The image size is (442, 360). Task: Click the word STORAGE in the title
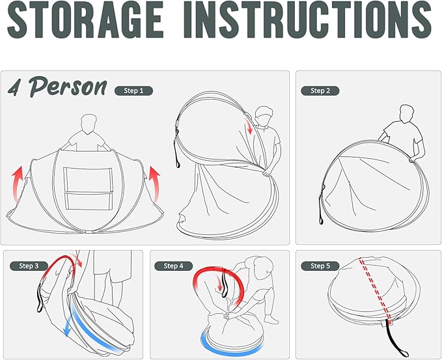point(85,19)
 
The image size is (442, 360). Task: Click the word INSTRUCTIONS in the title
point(308,19)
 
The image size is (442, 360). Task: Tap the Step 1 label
point(133,90)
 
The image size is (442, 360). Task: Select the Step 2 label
point(320,90)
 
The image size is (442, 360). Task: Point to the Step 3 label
point(29,266)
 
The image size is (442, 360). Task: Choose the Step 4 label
point(173,266)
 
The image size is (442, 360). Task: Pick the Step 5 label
point(320,266)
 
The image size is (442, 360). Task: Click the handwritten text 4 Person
point(57,87)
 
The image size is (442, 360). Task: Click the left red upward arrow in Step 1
point(18,183)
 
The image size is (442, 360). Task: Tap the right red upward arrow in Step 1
point(155,183)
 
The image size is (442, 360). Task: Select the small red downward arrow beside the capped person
point(249,126)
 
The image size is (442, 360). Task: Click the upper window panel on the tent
point(89,180)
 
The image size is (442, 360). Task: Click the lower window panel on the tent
point(89,201)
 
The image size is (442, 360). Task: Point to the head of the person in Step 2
point(407,114)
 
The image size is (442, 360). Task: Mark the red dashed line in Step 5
point(374,290)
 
